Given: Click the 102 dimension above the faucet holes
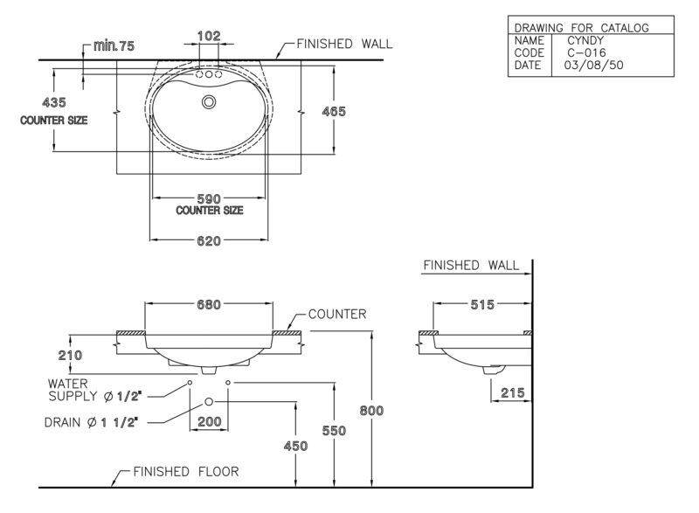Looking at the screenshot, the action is [x=209, y=36].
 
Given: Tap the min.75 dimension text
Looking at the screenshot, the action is [x=114, y=46].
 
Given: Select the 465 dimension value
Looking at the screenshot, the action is [x=334, y=111].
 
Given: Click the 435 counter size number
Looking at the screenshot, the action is [x=54, y=102].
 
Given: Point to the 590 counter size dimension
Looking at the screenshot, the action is [x=209, y=198].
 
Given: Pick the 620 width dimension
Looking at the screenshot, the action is [x=209, y=241].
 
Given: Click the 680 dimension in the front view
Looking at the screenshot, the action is [x=209, y=305].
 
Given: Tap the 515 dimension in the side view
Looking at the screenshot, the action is [x=482, y=305].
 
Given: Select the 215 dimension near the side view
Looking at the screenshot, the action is [x=513, y=392].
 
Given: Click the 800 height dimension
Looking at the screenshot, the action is [x=371, y=411].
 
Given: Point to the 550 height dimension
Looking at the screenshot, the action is [x=334, y=431].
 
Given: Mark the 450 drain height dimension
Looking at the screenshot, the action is [x=295, y=446].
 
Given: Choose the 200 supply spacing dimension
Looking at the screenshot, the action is [x=209, y=421].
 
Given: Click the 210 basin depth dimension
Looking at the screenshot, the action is [x=70, y=355].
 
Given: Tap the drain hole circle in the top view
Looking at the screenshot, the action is [x=209, y=102].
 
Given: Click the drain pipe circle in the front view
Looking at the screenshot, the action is [x=209, y=402].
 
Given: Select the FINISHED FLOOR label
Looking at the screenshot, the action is [x=186, y=472].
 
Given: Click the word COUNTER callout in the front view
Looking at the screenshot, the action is [x=337, y=315].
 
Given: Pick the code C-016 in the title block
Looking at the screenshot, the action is [x=586, y=52].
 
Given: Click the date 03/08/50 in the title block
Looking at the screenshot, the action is [x=593, y=65].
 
